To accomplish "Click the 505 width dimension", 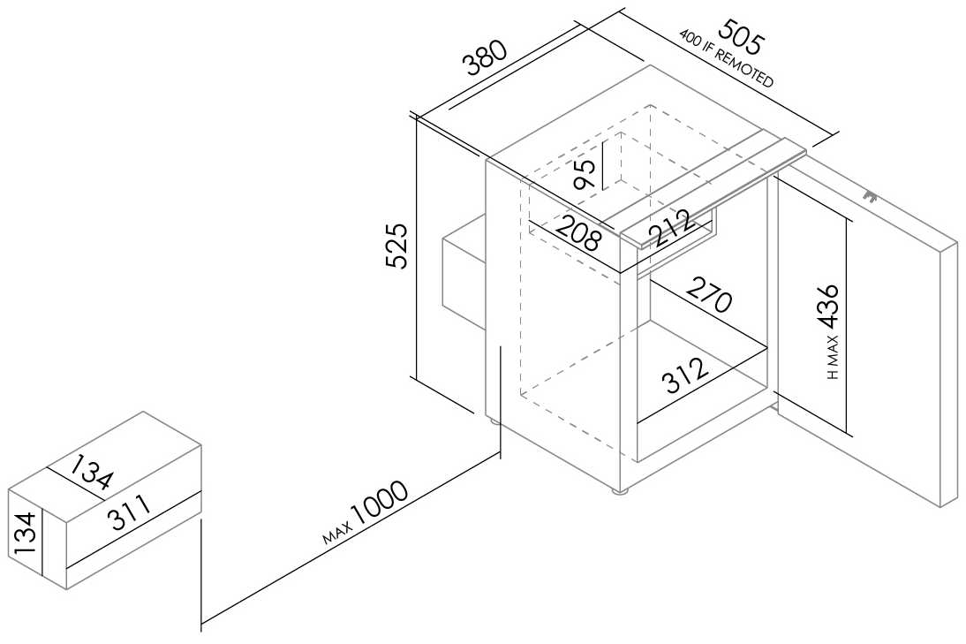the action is pyautogui.click(x=742, y=35).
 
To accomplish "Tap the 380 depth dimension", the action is pyautogui.click(x=487, y=57).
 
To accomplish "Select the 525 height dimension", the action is pyautogui.click(x=397, y=246).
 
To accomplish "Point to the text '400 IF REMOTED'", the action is pyautogui.click(x=727, y=58).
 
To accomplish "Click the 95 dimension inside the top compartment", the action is pyautogui.click(x=585, y=174).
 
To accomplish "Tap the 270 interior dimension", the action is pyautogui.click(x=709, y=294).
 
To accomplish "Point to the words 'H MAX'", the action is pyautogui.click(x=833, y=358).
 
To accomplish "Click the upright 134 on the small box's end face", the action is pyautogui.click(x=26, y=532).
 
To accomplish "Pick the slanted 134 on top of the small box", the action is pyautogui.click(x=91, y=472).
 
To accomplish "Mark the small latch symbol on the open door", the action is pyautogui.click(x=869, y=197).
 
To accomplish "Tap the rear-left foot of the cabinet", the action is pyautogui.click(x=493, y=422).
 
